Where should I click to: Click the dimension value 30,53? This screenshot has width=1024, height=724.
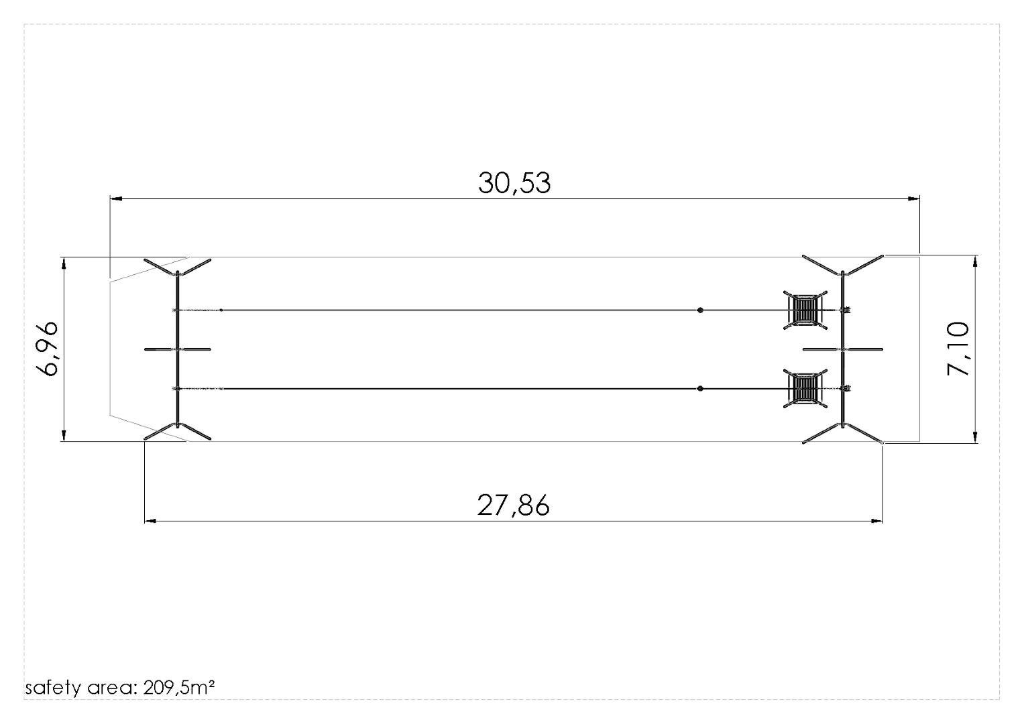pos(514,183)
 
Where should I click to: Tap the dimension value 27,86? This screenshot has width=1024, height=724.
pos(514,506)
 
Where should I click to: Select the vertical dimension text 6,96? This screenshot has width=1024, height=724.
pos(47,349)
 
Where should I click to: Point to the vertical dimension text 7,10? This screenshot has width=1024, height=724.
pos(957,349)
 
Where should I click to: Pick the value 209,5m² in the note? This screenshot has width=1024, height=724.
pos(179,687)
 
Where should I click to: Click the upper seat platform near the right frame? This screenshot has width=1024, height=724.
pos(805,310)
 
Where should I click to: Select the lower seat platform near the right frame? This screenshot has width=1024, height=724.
pos(805,389)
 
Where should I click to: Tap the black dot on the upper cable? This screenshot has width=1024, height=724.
pos(700,310)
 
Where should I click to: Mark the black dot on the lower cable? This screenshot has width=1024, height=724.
pos(700,389)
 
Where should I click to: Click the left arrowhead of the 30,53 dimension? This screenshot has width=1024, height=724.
pos(116,199)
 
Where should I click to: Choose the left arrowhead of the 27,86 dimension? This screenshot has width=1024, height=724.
pos(150,521)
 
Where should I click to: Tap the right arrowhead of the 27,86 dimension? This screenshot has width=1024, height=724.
pos(876,521)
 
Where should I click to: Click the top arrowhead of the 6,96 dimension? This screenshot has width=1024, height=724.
pos(64,263)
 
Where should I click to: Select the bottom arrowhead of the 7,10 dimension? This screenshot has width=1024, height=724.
pos(975,437)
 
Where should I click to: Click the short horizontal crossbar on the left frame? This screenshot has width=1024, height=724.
pos(178,349)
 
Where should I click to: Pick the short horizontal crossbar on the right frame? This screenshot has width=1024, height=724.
pos(843,349)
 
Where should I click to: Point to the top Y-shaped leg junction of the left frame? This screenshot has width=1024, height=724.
pos(178,274)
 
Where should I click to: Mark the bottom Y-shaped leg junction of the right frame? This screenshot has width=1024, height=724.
pos(843,425)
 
